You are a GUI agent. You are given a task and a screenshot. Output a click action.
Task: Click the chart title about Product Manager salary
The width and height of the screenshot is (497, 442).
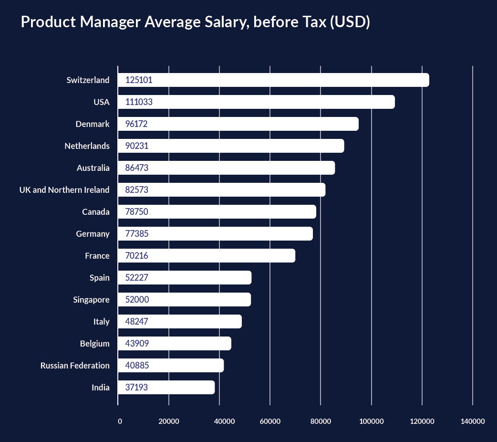click(x=195, y=22)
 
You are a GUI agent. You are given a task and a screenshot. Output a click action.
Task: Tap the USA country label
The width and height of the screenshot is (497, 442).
click(x=102, y=102)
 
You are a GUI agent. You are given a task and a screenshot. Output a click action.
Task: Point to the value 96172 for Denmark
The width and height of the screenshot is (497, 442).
click(x=136, y=124)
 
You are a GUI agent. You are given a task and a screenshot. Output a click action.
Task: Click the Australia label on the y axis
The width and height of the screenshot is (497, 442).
click(x=93, y=168)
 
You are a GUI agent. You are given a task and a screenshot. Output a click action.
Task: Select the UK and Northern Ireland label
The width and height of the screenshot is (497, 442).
click(x=64, y=190)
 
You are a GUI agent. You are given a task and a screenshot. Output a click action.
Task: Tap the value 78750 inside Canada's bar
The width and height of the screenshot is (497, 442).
click(x=137, y=212)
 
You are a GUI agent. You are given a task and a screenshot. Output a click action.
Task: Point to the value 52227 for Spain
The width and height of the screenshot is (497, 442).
click(x=137, y=278)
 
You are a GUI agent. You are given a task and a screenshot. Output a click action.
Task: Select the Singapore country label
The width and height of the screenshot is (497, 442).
click(x=91, y=300)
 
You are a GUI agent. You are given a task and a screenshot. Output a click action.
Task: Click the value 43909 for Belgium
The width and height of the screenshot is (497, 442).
click(x=137, y=344)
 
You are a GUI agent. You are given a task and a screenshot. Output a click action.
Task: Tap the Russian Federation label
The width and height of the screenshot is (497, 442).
click(x=75, y=366)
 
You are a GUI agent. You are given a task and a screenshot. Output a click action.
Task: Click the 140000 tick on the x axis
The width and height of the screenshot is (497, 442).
click(x=473, y=421)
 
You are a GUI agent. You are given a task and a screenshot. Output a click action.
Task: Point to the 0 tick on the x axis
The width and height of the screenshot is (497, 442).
click(x=120, y=421)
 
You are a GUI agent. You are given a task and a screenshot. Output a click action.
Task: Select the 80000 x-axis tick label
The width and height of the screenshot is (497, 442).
click(x=321, y=421)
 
